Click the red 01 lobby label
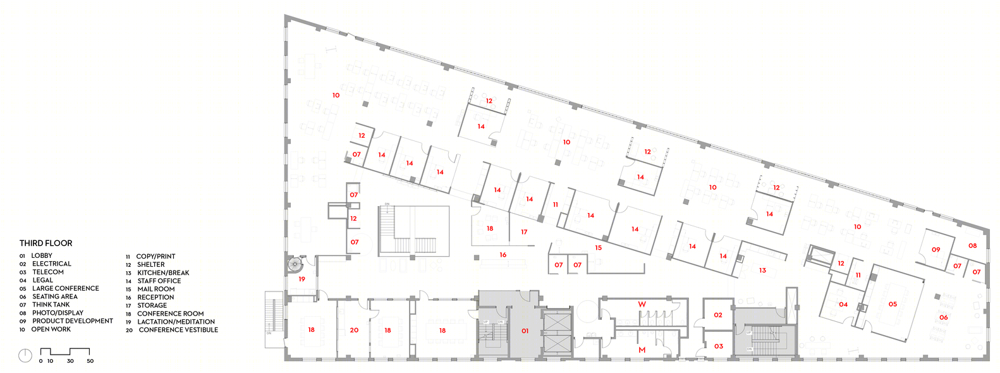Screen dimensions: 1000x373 click(525, 331)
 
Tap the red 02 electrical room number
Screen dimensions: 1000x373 click(718, 315)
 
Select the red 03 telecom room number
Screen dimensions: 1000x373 click(718, 346)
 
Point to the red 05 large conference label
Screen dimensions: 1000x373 click(893, 304)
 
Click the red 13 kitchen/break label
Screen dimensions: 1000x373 click(762, 270)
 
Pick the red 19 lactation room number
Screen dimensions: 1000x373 click(302, 279)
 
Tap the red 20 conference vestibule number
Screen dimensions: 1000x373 click(354, 330)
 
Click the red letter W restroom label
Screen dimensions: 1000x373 click(642, 304)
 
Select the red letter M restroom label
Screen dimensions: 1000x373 click(642, 350)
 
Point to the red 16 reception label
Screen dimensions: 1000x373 click(503, 255)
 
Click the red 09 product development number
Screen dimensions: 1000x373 click(936, 250)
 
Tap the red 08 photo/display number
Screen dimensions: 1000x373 click(972, 246)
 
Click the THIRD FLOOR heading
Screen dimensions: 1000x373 click(46, 243)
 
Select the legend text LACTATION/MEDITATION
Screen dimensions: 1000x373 click(176, 322)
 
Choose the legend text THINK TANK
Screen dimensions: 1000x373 click(51, 305)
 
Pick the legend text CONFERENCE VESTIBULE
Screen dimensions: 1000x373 click(178, 330)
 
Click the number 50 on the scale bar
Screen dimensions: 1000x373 click(90, 361)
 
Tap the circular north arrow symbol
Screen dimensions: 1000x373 click(25, 356)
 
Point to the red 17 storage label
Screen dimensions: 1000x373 click(524, 232)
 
